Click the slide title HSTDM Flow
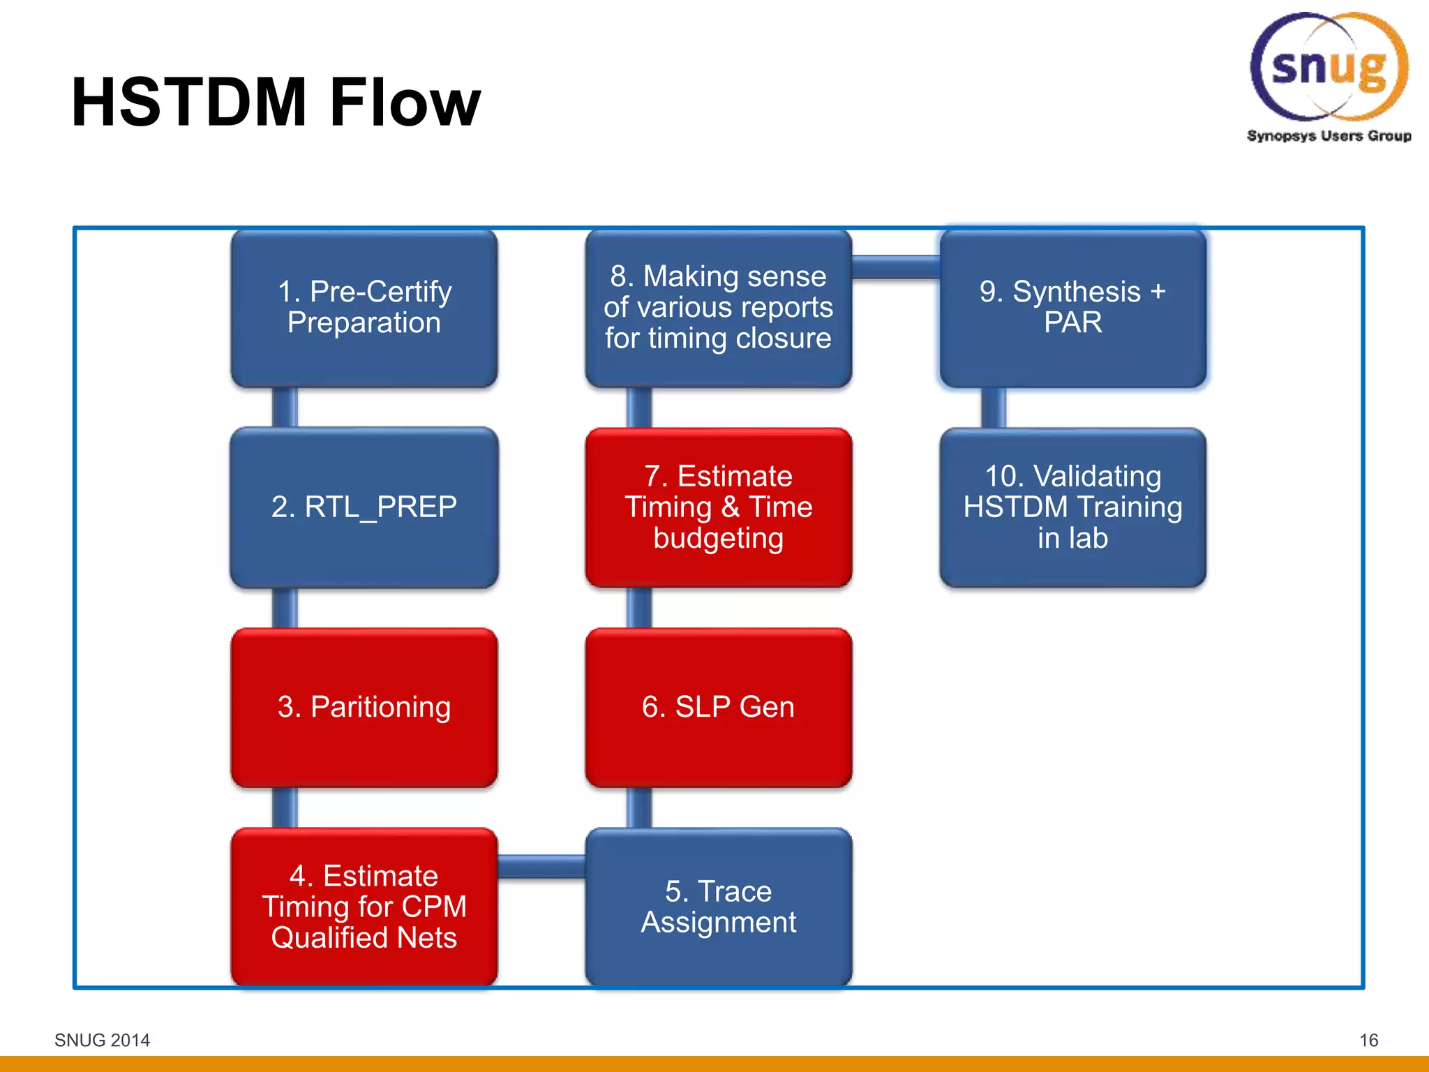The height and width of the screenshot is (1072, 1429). click(276, 103)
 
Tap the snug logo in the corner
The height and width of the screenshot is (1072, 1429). click(1329, 67)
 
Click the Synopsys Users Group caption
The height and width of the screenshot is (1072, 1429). click(1329, 135)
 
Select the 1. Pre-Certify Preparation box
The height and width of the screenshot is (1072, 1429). click(364, 308)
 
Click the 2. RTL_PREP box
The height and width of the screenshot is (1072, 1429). click(364, 507)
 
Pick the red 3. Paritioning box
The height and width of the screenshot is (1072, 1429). click(364, 707)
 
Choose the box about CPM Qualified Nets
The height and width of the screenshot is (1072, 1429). click(364, 907)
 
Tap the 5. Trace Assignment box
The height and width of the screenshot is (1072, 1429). click(719, 907)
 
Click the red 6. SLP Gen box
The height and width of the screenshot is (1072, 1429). click(719, 707)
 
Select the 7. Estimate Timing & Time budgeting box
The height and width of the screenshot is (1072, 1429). click(719, 507)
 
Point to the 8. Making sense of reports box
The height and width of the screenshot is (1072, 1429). click(719, 308)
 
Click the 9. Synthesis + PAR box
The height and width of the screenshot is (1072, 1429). click(1072, 308)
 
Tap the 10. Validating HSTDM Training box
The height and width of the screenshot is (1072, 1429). click(1072, 507)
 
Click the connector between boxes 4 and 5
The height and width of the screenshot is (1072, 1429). click(541, 866)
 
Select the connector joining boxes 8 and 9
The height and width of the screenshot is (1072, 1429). click(896, 267)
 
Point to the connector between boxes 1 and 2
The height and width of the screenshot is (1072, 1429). click(285, 408)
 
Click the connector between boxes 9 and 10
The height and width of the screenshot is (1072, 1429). click(994, 408)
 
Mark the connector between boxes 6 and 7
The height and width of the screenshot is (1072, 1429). click(639, 607)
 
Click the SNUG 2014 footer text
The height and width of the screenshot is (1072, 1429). click(102, 1040)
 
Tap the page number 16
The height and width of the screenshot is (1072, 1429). click(1368, 1040)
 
